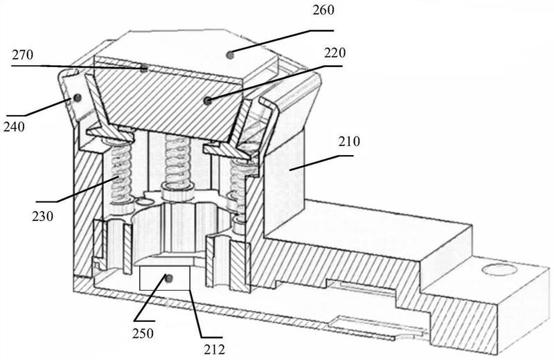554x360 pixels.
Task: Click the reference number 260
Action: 323,10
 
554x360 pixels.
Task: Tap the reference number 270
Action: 23,55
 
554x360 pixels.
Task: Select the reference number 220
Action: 334,53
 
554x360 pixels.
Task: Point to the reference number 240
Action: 14,127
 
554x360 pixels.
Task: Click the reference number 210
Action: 349,141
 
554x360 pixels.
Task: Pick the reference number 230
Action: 42,216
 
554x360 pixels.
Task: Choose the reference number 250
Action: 143,333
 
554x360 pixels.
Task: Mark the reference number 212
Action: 214,350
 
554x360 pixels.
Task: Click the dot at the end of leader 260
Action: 230,55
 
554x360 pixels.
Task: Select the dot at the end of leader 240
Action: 77,98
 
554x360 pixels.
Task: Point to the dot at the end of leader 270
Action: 144,69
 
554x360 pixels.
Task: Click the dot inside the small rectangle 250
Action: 168,278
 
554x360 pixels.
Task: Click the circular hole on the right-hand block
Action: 499,269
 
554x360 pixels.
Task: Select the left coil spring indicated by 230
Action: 119,173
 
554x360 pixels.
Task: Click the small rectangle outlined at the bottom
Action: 165,278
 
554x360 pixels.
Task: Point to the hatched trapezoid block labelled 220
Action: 170,102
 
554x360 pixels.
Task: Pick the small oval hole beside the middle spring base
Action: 145,201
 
